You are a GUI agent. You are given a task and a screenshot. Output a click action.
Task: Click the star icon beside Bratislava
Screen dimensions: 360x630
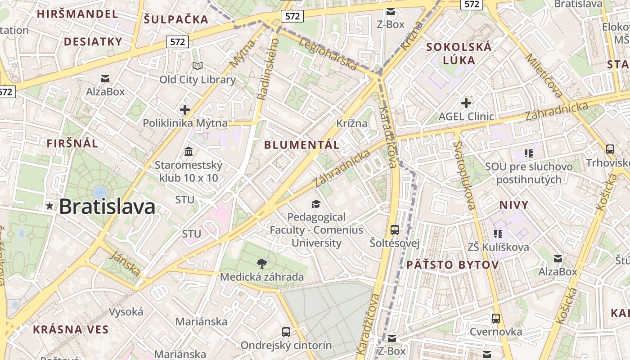pos(49,206)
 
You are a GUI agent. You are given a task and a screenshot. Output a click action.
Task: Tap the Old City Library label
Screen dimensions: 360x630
pos(198,80)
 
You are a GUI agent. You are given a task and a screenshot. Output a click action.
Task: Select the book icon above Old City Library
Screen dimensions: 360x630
pos(198,66)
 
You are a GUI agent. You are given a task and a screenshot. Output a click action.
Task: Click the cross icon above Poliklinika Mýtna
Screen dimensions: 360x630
pos(184,109)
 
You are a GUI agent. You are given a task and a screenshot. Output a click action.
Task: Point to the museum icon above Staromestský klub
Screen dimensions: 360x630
pos(189,151)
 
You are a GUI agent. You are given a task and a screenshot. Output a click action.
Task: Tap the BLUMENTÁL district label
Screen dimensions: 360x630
pos(301,145)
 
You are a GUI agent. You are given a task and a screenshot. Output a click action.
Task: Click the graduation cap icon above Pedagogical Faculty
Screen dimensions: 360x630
pos(316,204)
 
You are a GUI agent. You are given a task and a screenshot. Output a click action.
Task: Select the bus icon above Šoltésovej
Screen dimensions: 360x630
pos(395,230)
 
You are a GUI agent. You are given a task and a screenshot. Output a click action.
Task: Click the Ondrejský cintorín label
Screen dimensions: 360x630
pos(286,346)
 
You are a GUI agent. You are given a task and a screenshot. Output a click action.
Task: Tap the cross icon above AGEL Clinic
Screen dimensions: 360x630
pos(466,103)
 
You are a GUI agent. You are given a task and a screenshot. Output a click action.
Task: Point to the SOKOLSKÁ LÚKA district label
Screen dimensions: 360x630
pos(459,54)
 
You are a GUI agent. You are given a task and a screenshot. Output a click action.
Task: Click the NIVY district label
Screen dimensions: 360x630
pos(514,205)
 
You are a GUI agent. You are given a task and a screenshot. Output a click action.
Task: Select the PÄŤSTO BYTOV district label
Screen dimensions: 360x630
pos(453,265)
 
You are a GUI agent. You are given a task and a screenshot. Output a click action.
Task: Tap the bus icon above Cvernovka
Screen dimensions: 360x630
pos(496,319)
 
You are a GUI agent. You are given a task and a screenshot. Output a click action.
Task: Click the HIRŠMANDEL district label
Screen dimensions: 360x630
pos(77,14)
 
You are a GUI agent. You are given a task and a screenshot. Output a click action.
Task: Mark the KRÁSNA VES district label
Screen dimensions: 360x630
pos(71,329)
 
